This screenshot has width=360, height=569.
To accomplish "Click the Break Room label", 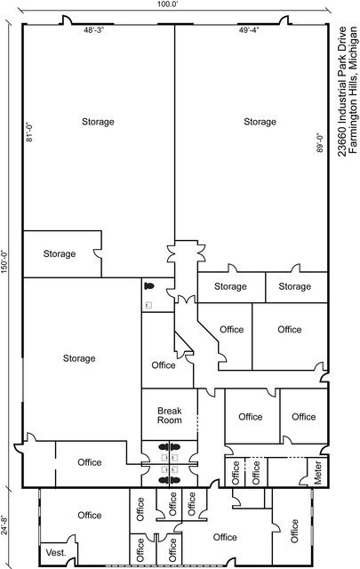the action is tap(170, 415).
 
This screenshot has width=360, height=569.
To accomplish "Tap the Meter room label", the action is tap(317, 472).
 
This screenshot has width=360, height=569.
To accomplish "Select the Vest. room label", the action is tap(56, 553).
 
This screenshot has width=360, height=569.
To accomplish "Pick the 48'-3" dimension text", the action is tap(94, 30).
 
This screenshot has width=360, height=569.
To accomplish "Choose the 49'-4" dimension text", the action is tap(249, 30).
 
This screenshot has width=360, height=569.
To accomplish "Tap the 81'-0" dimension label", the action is tap(29, 132).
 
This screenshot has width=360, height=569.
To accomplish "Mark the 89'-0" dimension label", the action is tap(320, 142).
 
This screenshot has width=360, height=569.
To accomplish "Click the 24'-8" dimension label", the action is tap(4, 525).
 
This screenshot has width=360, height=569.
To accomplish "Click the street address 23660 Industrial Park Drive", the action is tap(342, 92).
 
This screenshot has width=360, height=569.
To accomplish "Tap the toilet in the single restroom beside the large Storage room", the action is tap(148, 286).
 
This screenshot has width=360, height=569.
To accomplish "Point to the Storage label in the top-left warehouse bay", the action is tap(98, 122).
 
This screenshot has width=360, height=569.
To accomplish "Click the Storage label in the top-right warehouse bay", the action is tap(260, 122).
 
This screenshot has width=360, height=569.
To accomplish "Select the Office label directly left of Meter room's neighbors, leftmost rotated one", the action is tap(236, 473).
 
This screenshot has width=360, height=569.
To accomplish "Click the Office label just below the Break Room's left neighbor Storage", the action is tap(89, 462).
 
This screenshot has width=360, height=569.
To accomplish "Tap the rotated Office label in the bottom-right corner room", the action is tap(294, 531).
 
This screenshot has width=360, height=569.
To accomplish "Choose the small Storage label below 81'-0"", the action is tap(60, 253).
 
